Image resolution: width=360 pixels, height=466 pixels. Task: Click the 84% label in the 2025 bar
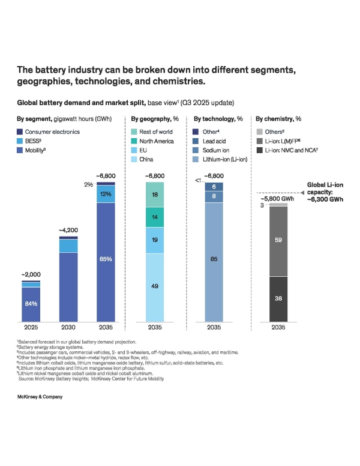pyautogui.click(x=31, y=304)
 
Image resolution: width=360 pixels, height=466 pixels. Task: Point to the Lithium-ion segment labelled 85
pyautogui.click(x=214, y=259)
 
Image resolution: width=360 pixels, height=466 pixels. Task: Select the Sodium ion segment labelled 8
pyautogui.click(x=214, y=196)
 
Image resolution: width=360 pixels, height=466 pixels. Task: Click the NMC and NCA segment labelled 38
pyautogui.click(x=278, y=298)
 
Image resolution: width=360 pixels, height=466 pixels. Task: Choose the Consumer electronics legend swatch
pyautogui.click(x=20, y=132)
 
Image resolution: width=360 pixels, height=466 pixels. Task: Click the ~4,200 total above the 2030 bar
pyautogui.click(x=68, y=230)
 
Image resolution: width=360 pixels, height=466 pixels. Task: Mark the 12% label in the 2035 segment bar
pyautogui.click(x=106, y=195)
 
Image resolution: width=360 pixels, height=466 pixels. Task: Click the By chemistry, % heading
pyautogui.click(x=278, y=119)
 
